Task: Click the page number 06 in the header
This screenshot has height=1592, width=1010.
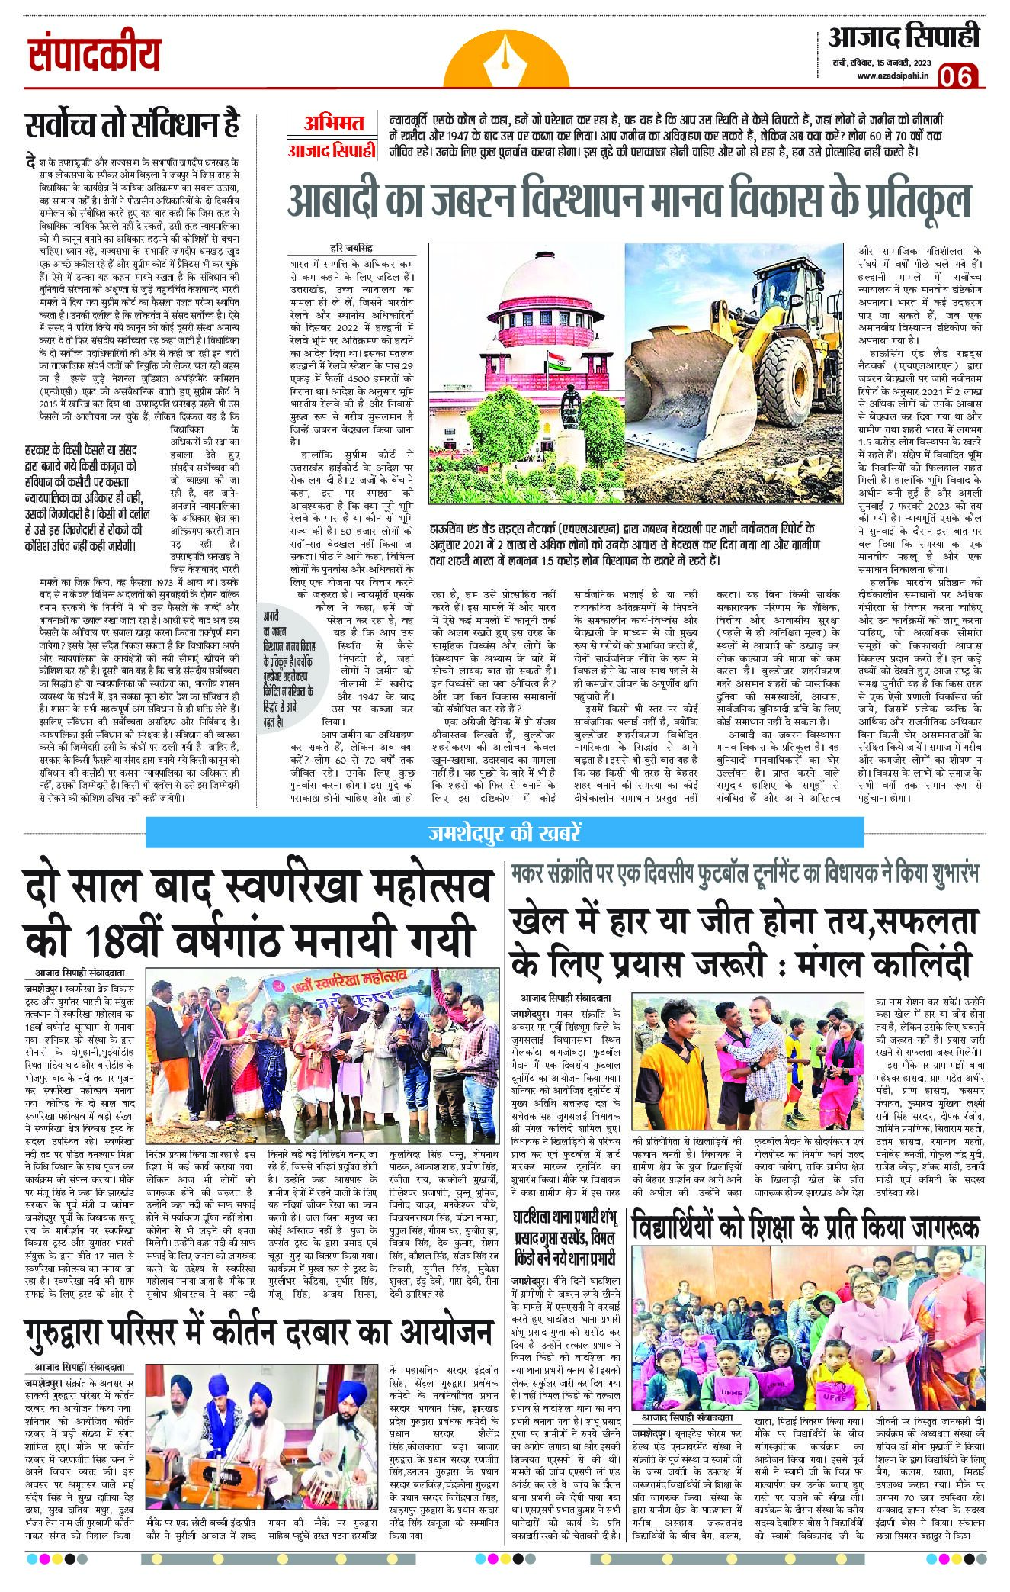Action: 958,76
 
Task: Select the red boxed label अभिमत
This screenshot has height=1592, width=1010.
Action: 332,123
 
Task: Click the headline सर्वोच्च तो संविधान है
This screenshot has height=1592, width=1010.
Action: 131,125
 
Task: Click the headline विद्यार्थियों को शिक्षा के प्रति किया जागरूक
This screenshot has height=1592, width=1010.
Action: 805,1228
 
